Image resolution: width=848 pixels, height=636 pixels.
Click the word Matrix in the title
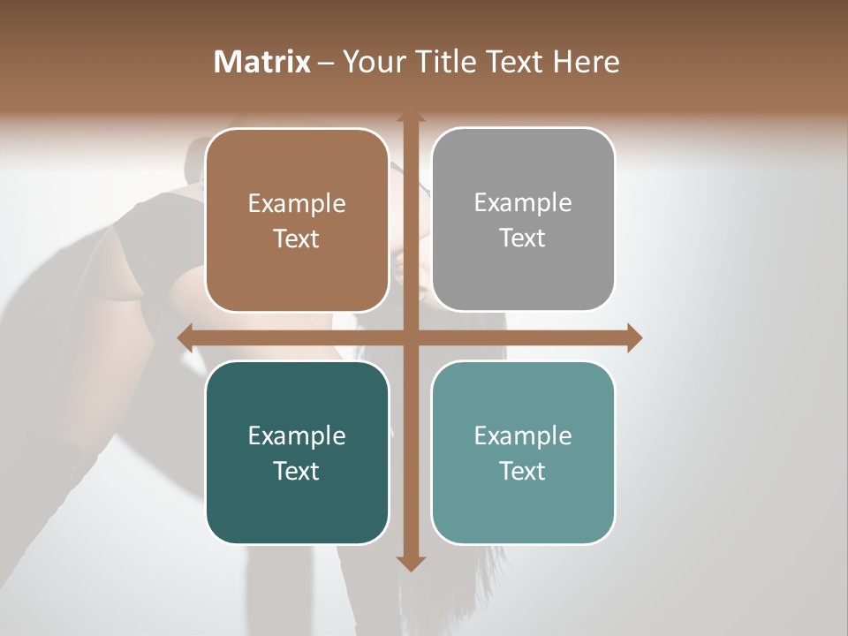(x=262, y=62)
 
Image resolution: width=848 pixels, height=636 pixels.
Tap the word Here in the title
(x=586, y=62)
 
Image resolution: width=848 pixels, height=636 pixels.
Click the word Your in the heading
(x=375, y=62)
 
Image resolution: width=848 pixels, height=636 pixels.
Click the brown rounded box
(x=297, y=220)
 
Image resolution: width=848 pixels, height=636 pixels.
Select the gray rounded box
(x=523, y=220)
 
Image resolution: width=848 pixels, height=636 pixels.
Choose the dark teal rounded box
(x=297, y=452)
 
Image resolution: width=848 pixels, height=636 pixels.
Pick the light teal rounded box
(x=523, y=452)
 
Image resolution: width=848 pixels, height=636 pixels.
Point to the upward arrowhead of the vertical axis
(x=410, y=117)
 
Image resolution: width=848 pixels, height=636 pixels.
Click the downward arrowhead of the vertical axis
(x=410, y=563)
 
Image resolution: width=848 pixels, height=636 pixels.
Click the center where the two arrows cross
(x=410, y=337)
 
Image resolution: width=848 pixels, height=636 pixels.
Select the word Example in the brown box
(x=297, y=204)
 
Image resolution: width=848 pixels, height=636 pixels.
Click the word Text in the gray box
(x=523, y=238)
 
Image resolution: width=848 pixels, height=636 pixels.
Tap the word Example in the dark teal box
(x=297, y=435)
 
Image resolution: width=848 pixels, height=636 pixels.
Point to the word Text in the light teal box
(x=523, y=471)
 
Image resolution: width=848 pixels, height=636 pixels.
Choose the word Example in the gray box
(x=523, y=203)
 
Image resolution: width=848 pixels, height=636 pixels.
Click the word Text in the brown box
(x=297, y=239)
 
